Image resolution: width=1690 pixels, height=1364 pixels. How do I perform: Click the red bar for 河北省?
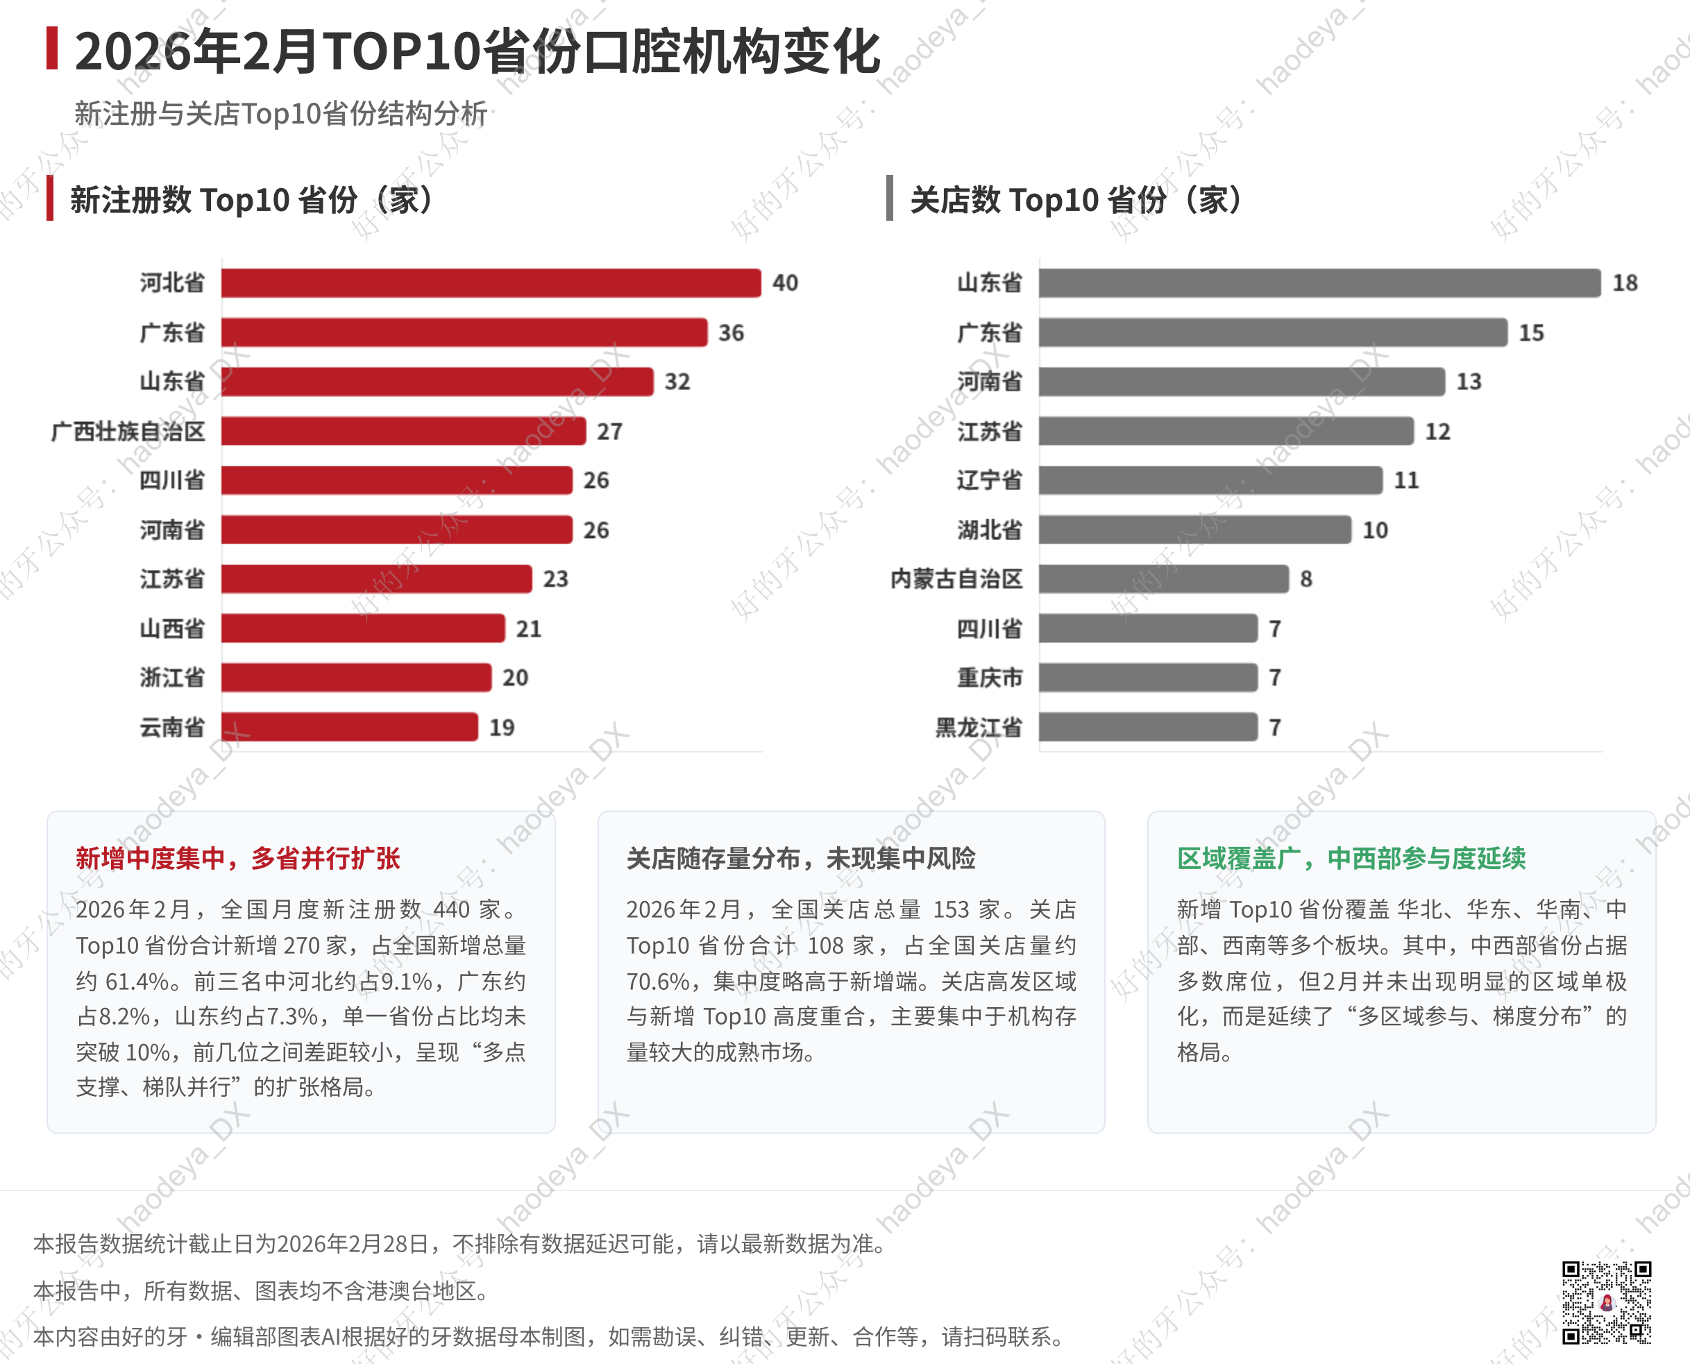click(x=491, y=283)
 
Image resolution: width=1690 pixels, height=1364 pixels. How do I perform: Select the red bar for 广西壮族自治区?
click(x=403, y=430)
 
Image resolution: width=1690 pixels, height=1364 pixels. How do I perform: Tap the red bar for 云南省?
click(x=350, y=727)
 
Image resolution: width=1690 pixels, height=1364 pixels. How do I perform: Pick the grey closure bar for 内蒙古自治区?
click(x=1163, y=579)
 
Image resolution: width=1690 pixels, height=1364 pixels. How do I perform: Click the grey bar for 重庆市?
click(x=1148, y=677)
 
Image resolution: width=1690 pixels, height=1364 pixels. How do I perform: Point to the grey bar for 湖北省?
click(x=1194, y=530)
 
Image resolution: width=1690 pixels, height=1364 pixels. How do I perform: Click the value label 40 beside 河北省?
click(x=785, y=283)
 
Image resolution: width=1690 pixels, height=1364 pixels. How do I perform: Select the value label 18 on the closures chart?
click(x=1625, y=283)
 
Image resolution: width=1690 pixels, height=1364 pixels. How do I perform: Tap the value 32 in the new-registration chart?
click(x=677, y=382)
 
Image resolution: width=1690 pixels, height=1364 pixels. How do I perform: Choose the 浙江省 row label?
click(x=172, y=677)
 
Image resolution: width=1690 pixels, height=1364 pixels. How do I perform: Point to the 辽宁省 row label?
click(x=989, y=480)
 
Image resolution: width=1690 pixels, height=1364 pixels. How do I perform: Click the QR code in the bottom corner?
click(x=1606, y=1303)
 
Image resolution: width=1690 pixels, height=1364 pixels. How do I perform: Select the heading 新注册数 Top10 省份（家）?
click(x=251, y=200)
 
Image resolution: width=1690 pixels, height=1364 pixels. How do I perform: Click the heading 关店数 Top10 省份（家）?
click(x=1076, y=200)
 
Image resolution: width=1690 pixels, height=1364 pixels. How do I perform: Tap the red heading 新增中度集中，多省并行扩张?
click(x=238, y=858)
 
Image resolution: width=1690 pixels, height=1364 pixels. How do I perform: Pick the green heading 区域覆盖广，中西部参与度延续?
click(x=1351, y=858)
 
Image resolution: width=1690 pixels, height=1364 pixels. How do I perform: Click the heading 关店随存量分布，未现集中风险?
click(x=801, y=858)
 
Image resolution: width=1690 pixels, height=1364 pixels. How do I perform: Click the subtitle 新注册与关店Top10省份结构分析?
click(x=280, y=114)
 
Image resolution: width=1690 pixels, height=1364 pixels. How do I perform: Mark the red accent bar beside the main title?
click(x=52, y=48)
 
